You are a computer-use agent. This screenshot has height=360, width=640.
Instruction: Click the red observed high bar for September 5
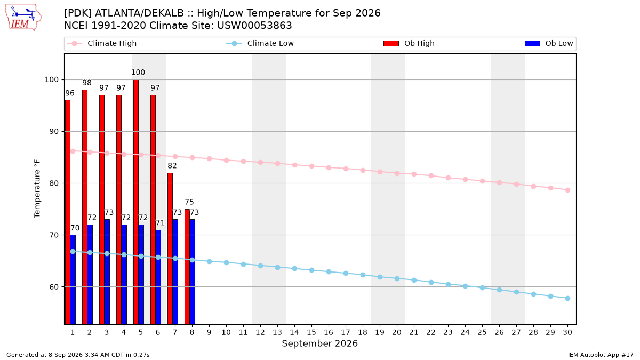pos(136,202)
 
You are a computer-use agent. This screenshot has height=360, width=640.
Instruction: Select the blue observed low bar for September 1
pos(73,279)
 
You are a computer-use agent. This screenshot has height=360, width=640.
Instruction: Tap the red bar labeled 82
pos(170,249)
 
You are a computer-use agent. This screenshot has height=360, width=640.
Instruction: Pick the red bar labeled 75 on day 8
pos(187,267)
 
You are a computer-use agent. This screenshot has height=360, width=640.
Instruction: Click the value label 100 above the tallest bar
pos(138,73)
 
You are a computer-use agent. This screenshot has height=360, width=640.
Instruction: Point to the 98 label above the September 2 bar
pos(87,83)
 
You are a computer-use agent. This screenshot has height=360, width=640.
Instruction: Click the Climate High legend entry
pos(101,43)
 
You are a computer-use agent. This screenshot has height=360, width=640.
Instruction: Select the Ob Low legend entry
pos(549,43)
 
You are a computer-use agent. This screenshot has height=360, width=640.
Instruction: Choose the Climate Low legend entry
pos(260,43)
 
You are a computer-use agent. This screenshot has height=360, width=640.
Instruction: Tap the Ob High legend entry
pos(409,43)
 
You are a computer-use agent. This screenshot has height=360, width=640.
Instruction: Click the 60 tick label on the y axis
pos(53,286)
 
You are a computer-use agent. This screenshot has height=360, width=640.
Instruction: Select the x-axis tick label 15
pos(311,332)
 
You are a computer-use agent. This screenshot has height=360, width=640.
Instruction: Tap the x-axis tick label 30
pos(567,332)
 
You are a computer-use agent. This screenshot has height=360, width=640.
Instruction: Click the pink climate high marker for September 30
pos(567,190)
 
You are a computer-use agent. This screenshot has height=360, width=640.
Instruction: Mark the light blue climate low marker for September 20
pos(397,278)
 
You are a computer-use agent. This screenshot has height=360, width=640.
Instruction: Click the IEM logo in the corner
pos(23,18)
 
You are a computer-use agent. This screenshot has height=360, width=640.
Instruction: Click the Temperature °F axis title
pos(37,189)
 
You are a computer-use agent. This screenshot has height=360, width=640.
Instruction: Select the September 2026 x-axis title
pos(319,343)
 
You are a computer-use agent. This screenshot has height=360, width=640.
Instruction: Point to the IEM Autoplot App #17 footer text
pos(601,355)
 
